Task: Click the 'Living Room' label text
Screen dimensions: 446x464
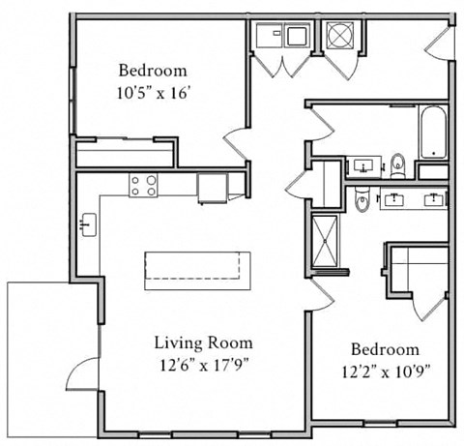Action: coord(204,342)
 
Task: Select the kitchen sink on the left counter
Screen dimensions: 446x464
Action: coord(86,225)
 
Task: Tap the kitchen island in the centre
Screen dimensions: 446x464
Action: coord(197,270)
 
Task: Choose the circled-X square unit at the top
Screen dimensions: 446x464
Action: coord(341,37)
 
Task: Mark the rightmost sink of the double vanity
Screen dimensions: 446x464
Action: coord(434,200)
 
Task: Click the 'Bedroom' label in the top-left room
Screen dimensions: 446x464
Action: coord(153,71)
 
